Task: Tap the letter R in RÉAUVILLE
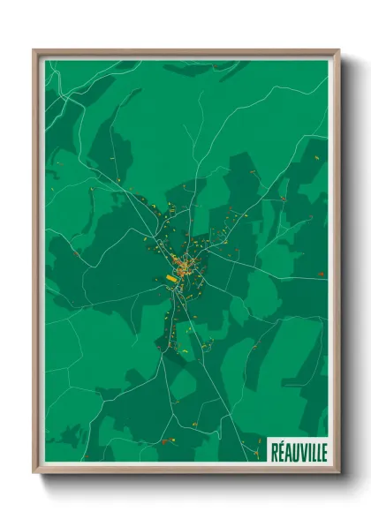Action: coord(274,452)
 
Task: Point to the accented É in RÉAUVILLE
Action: coord(280,451)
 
